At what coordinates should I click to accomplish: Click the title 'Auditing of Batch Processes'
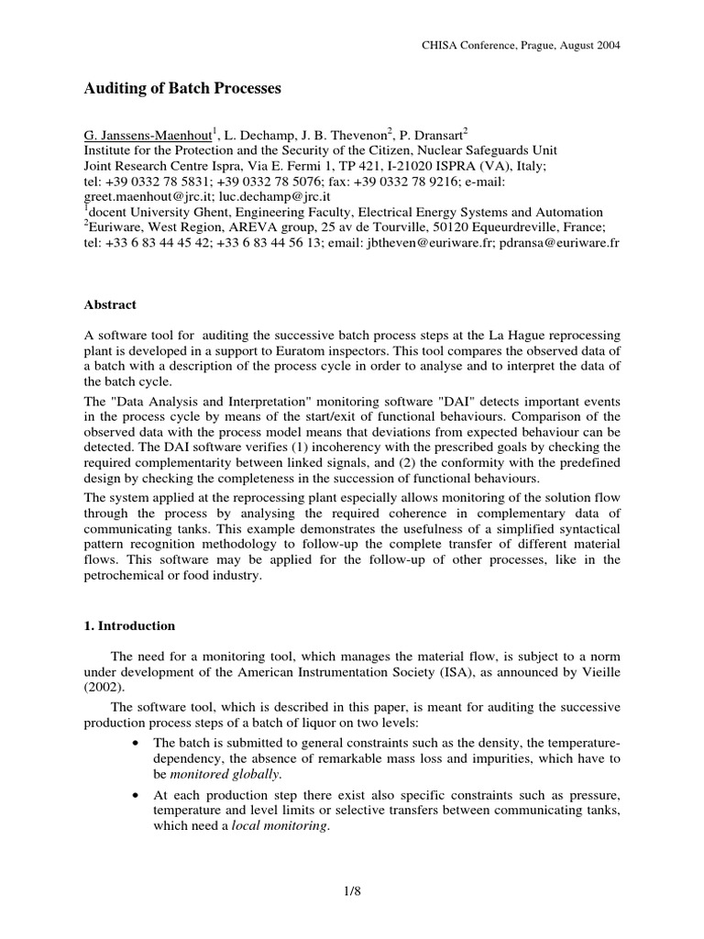(183, 89)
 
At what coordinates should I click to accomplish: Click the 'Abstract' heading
(110, 305)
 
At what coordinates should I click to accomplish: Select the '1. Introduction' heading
(129, 626)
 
